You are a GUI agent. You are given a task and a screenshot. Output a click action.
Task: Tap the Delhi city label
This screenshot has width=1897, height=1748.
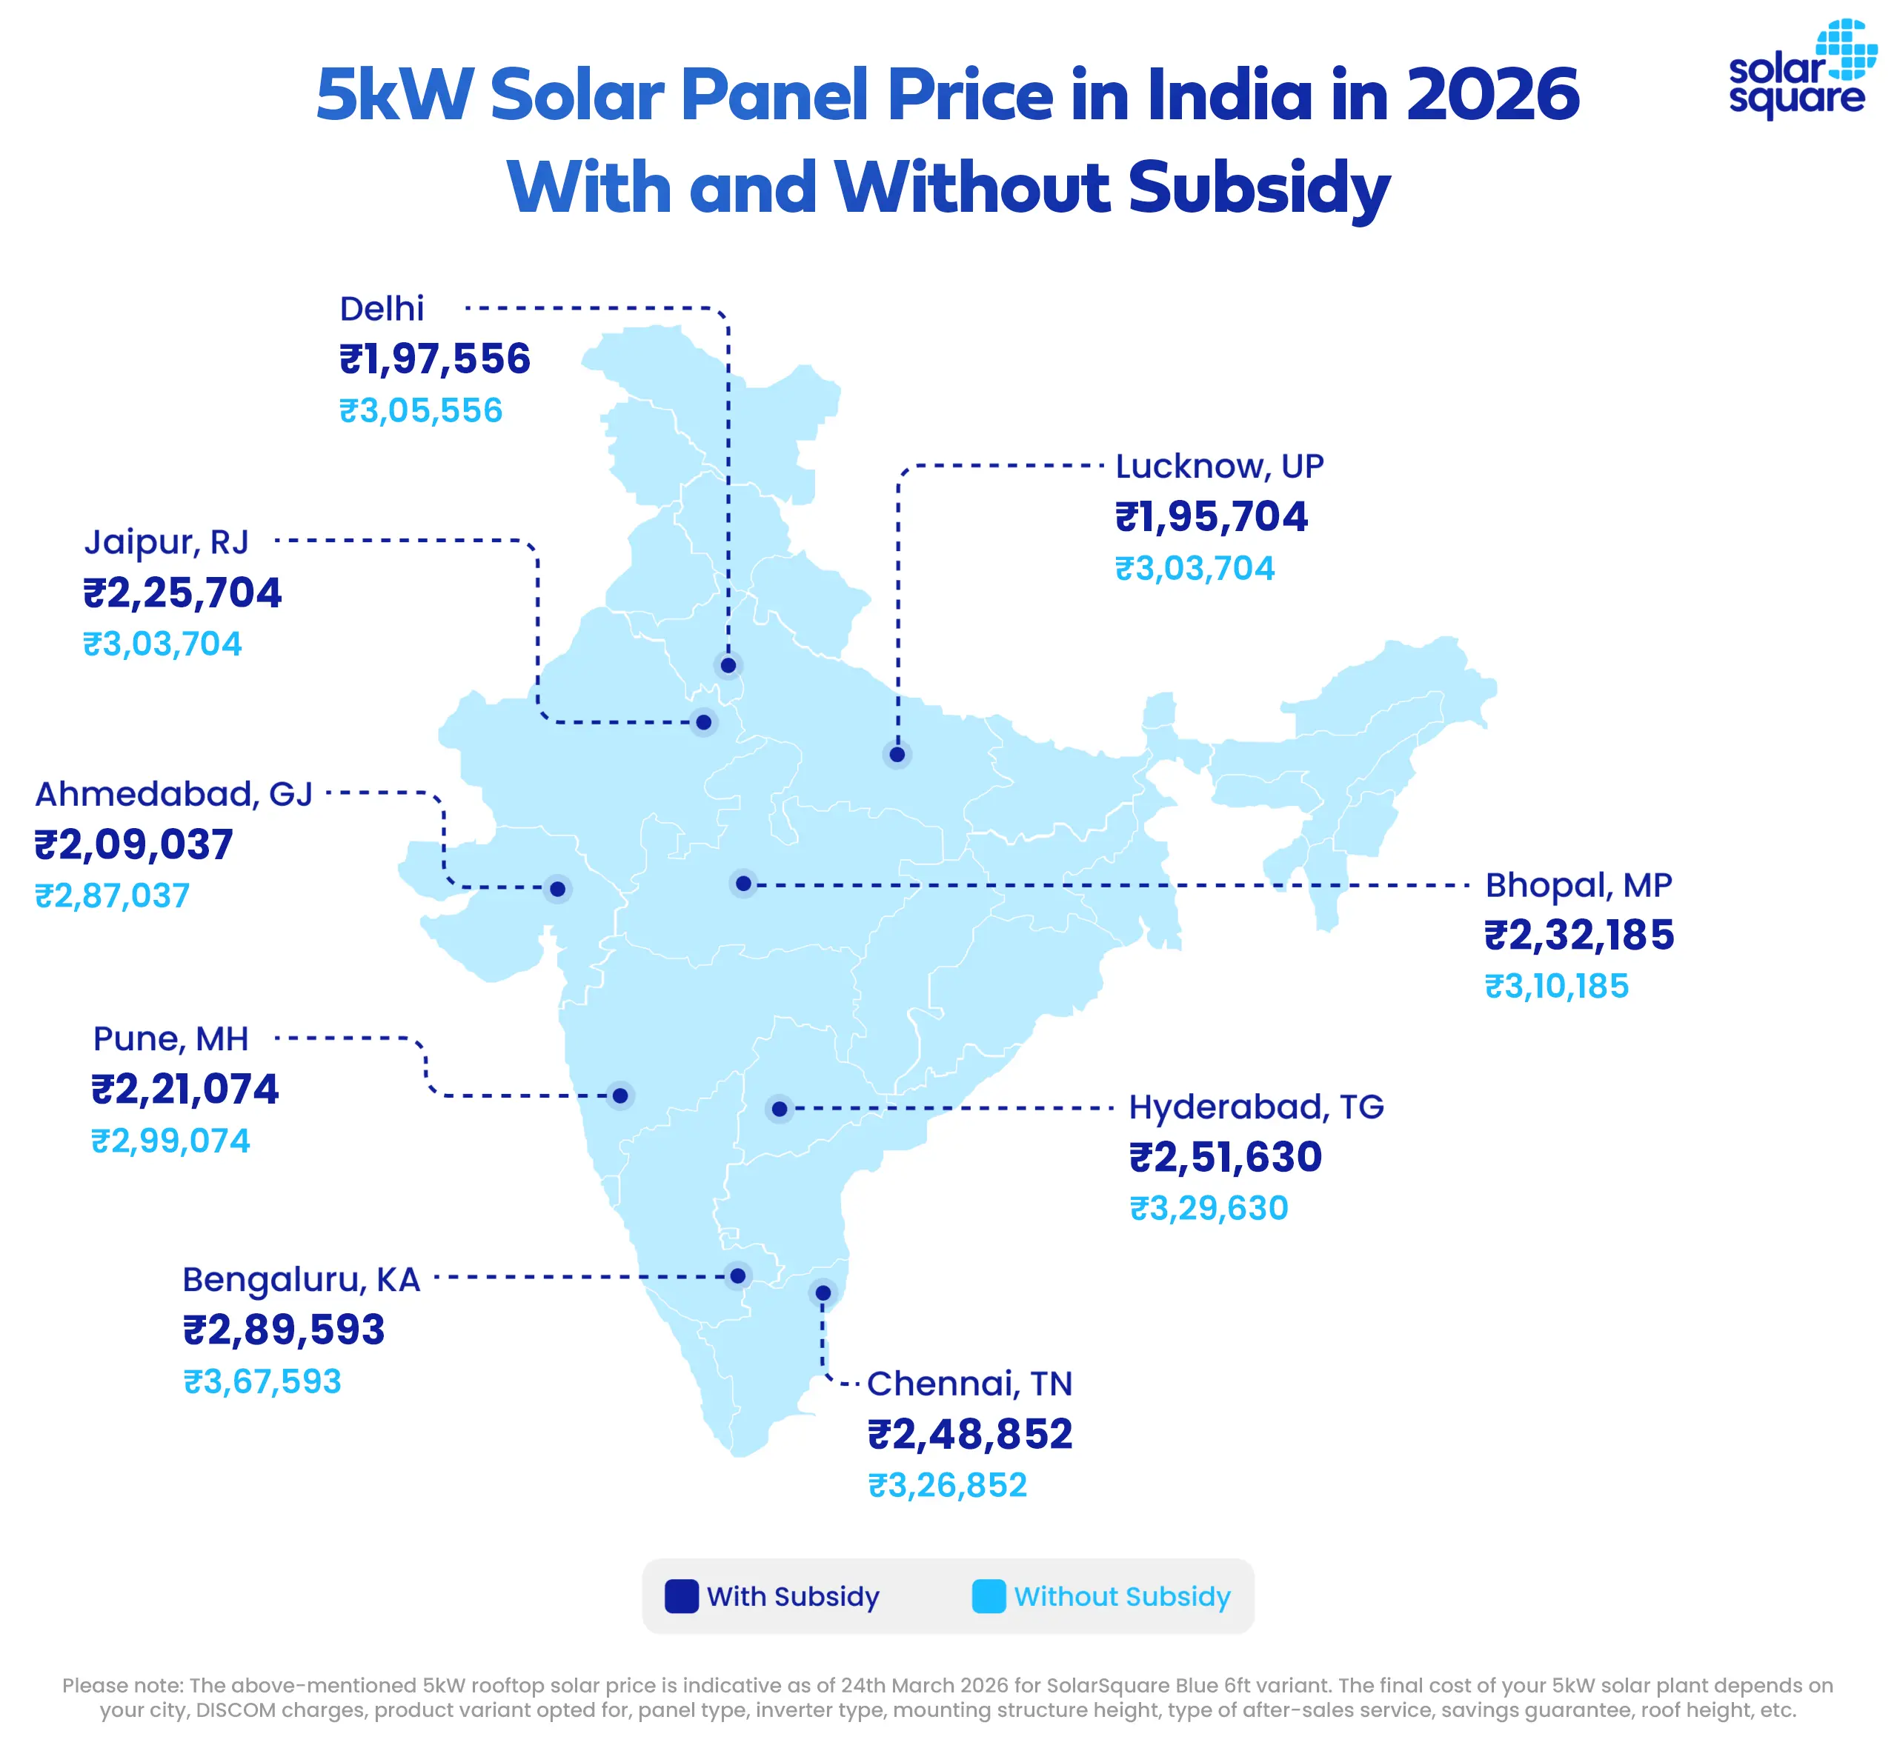coord(382,308)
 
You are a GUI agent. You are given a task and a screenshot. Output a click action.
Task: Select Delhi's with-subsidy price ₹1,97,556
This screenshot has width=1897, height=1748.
coord(435,359)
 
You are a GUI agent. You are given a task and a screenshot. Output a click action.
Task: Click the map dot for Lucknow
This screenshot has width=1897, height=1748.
coord(897,755)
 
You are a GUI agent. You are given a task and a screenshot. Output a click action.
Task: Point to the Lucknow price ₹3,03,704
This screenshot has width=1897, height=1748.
coord(1195,569)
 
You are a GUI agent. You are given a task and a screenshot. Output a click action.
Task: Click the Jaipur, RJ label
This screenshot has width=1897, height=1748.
coord(167,542)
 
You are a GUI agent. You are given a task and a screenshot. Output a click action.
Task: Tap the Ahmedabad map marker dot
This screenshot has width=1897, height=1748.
coord(557,889)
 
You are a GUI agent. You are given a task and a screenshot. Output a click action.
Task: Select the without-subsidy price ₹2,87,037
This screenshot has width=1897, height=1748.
coord(113,895)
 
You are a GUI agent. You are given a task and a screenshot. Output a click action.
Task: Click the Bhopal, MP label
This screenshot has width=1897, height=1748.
coord(1578,885)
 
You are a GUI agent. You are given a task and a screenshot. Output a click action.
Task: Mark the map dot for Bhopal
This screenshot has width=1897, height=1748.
coord(744,884)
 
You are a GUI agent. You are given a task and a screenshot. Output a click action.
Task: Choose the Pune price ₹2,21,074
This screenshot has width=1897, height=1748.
coord(185,1090)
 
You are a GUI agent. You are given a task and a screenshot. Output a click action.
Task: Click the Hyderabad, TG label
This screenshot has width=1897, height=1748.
coord(1255,1107)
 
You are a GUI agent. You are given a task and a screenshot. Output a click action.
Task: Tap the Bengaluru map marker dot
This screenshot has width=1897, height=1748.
coord(738,1276)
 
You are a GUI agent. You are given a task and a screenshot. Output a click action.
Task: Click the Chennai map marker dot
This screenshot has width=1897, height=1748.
coord(823,1293)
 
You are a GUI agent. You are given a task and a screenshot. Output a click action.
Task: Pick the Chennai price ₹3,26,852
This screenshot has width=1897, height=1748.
coord(947,1485)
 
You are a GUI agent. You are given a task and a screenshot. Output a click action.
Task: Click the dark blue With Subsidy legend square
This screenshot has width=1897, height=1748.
coord(681,1597)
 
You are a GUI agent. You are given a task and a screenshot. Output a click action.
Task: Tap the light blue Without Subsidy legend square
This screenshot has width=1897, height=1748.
coord(989,1597)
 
